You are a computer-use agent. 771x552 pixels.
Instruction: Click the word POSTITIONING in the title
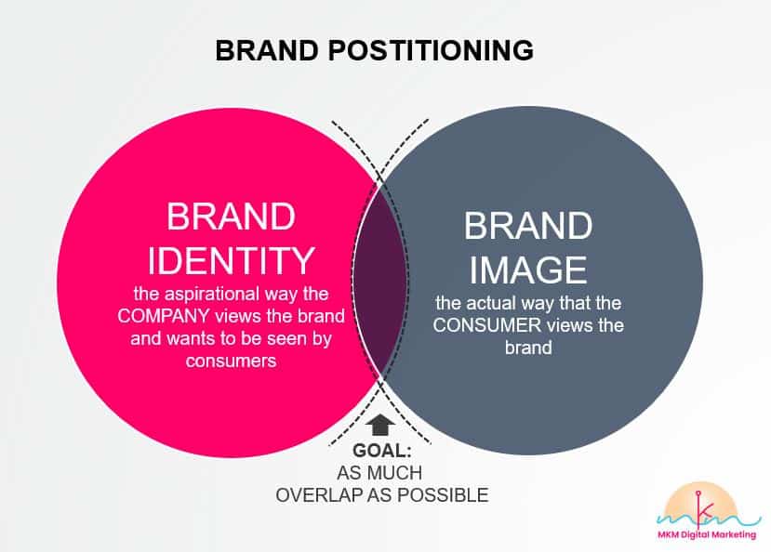pos(431,50)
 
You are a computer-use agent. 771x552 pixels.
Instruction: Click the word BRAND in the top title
pos(267,50)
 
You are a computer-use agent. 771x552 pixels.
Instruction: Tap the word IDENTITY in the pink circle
pos(231,260)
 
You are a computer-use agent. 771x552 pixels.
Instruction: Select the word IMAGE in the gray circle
pos(528,269)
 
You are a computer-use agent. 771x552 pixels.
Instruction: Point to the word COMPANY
pos(164,316)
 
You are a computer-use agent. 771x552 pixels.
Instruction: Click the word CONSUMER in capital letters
pos(487,325)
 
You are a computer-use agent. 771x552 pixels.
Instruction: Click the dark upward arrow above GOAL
pos(380,425)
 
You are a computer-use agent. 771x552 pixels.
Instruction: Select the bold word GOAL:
pos(382,451)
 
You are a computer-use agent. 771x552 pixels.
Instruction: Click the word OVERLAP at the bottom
pos(320,494)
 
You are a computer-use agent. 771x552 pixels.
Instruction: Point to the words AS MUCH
pos(379,472)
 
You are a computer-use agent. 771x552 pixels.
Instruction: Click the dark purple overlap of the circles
pos(380,281)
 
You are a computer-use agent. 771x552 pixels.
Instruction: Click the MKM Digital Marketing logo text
pos(707,535)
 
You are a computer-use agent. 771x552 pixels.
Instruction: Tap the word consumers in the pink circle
pos(231,361)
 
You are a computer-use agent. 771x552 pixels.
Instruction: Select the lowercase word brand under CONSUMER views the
pos(528,348)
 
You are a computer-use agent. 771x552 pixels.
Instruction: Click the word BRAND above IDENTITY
pos(231,217)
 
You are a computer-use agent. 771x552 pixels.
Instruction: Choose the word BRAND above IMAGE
pos(528,226)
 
